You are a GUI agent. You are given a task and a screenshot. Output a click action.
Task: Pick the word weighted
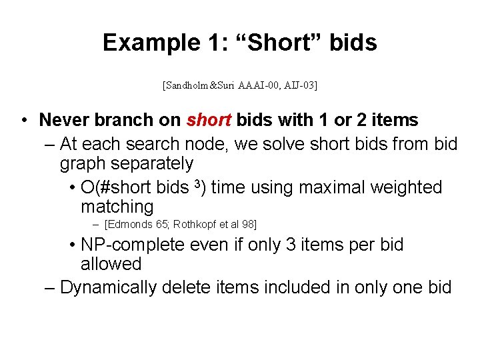click(405, 187)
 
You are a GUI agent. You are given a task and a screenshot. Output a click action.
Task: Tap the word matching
click(117, 207)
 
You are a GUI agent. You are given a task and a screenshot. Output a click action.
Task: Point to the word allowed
click(111, 264)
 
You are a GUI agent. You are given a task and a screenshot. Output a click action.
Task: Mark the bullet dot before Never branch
click(24, 121)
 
